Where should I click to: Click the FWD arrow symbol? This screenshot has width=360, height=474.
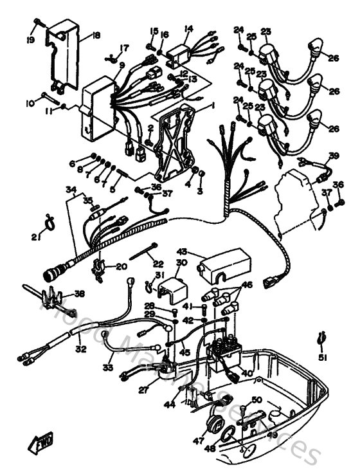(x=40, y=443)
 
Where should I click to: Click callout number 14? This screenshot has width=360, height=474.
(x=188, y=28)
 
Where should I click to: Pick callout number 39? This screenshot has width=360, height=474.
(x=333, y=156)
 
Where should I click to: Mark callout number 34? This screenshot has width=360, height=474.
(x=71, y=190)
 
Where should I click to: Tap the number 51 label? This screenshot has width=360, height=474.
(x=322, y=358)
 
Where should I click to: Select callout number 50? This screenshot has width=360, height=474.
(x=256, y=400)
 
